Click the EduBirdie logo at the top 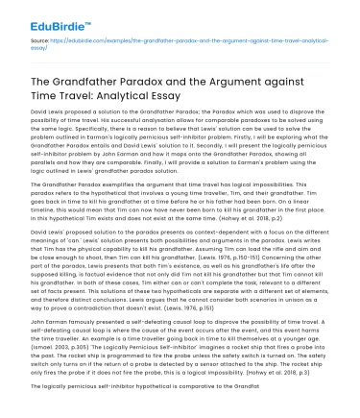click(x=39, y=12)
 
